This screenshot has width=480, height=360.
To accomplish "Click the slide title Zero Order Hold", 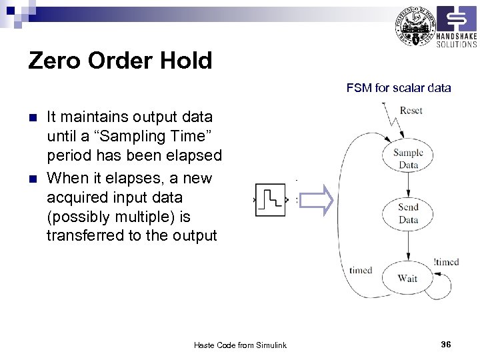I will [120, 61].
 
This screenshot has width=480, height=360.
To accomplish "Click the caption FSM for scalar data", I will [398, 87].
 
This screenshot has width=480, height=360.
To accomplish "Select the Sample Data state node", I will [408, 159].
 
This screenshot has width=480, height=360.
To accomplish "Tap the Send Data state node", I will [408, 213].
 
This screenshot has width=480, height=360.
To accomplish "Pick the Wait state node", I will [407, 278].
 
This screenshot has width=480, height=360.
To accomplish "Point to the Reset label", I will [411, 111].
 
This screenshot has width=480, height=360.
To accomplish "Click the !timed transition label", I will [445, 262].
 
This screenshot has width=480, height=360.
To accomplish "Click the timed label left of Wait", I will [361, 270].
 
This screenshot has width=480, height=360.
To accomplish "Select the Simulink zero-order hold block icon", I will [272, 199].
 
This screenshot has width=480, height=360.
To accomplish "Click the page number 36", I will [446, 344].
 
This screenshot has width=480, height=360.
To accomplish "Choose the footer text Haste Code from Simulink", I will [240, 345].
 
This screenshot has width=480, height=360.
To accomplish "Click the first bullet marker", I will [33, 119].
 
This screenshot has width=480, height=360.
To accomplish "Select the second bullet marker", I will [33, 179].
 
